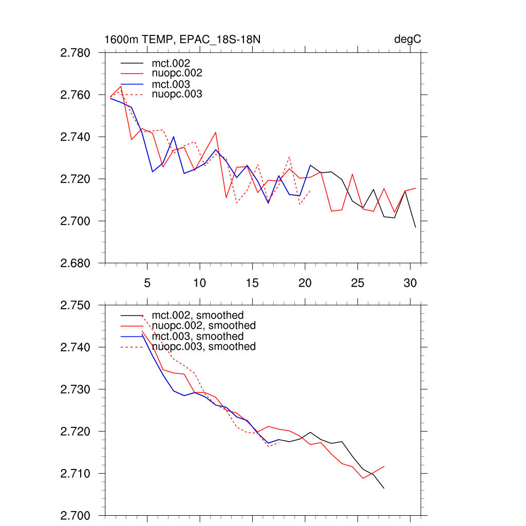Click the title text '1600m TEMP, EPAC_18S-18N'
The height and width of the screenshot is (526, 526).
click(185, 40)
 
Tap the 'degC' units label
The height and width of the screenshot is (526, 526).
click(408, 40)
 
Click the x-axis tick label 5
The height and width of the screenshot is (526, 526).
click(147, 283)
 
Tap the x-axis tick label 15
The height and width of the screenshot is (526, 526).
click(252, 283)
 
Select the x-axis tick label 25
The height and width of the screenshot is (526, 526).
click(358, 283)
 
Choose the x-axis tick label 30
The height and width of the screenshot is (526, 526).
click(410, 283)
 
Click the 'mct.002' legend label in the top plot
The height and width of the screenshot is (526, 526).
click(175, 64)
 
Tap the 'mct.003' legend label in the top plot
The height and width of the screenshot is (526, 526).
click(175, 84)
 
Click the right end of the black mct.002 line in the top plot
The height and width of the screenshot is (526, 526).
click(416, 227)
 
